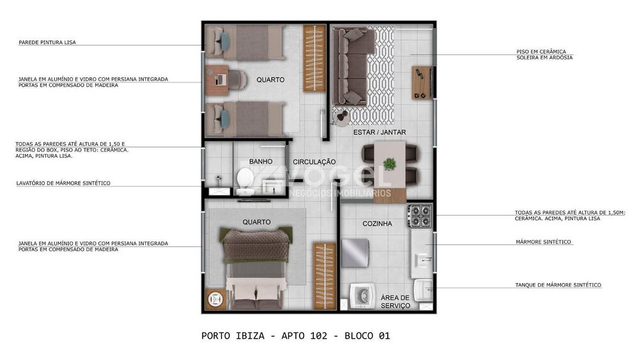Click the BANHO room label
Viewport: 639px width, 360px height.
pyautogui.click(x=261, y=161)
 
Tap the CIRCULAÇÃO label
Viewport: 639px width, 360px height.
pyautogui.click(x=314, y=162)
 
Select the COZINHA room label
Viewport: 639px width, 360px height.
pyautogui.click(x=378, y=223)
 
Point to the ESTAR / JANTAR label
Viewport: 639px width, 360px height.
pyautogui.click(x=380, y=132)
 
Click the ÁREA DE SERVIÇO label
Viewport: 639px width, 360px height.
pyautogui.click(x=396, y=302)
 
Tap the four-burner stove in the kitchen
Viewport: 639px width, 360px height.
pyautogui.click(x=420, y=216)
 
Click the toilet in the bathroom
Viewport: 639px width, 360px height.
pyautogui.click(x=245, y=180)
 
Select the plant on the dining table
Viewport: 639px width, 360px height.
pyautogui.click(x=390, y=164)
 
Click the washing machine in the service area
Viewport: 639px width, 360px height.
pyautogui.click(x=362, y=296)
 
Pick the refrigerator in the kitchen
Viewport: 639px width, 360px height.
pyautogui.click(x=355, y=253)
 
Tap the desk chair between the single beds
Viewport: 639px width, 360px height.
pyautogui.click(x=237, y=79)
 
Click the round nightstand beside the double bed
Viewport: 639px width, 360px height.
pyautogui.click(x=215, y=299)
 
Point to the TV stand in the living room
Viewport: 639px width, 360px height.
pyautogui.click(x=421, y=82)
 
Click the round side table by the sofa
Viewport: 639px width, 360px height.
pyautogui.click(x=341, y=117)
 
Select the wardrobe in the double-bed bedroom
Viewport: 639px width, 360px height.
pyautogui.click(x=325, y=276)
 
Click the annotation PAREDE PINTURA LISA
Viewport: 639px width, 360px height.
pyautogui.click(x=47, y=42)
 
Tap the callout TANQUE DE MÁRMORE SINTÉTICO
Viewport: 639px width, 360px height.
pyautogui.click(x=558, y=285)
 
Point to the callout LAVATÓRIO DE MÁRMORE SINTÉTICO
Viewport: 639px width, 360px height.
pyautogui.click(x=63, y=184)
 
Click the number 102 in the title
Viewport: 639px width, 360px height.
pyautogui.click(x=319, y=336)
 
